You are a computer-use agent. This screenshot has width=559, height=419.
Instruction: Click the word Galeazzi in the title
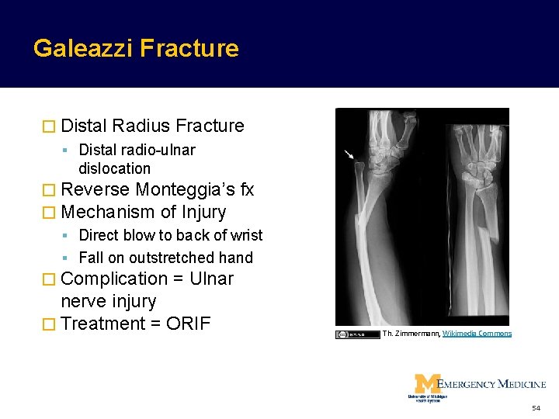tap(84, 49)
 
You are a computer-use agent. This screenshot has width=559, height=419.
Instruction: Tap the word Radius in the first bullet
tap(141, 126)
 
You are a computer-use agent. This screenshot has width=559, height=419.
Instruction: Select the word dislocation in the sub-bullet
tap(114, 168)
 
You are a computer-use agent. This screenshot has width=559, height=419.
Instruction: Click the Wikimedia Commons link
tap(477, 334)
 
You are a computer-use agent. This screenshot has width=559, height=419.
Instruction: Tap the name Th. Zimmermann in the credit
tap(411, 334)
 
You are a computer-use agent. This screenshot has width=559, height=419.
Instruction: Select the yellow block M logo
tap(426, 385)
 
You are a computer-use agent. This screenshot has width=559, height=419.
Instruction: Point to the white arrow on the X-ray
tap(351, 157)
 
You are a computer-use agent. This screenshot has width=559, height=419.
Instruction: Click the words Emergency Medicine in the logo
tap(493, 383)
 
